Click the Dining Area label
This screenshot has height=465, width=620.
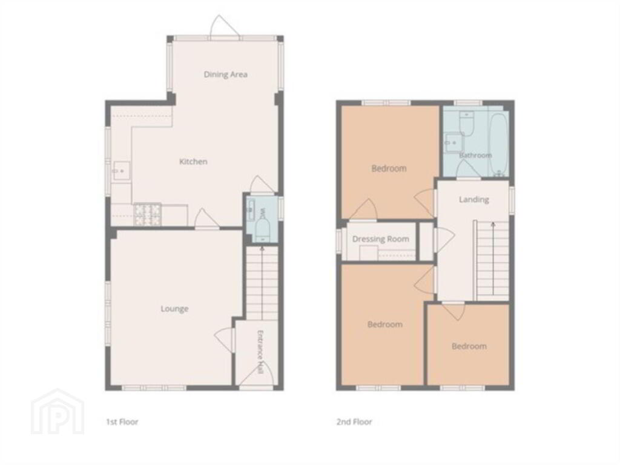pos(225,74)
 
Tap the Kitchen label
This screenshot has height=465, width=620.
pos(193,161)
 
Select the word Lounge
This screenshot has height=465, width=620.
pos(174,309)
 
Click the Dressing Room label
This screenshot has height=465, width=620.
pos(380,239)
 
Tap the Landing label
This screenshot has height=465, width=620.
pos(473,199)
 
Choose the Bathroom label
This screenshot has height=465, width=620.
pos(475,156)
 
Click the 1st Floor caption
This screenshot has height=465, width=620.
pos(122,422)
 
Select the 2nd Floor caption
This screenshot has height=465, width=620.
pos(354,422)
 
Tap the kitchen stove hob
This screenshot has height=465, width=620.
pos(148,215)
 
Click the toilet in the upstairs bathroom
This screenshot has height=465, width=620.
pos(467,124)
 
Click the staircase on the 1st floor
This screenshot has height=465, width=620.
pos(262,283)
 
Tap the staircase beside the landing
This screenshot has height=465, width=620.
pos(493,261)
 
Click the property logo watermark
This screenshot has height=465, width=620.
pos(58,412)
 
